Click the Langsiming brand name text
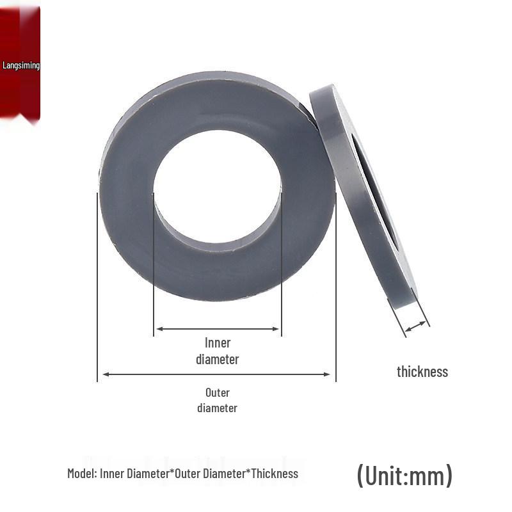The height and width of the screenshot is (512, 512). click(x=21, y=65)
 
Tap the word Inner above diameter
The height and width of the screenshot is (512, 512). click(x=218, y=343)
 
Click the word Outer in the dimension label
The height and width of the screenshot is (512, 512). click(x=218, y=392)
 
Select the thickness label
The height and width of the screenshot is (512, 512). click(x=422, y=372)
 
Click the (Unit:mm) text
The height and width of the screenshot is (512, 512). click(x=405, y=476)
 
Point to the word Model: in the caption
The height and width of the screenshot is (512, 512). click(x=82, y=474)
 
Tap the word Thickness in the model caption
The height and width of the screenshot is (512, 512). click(x=275, y=474)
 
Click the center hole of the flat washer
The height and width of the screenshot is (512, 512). click(x=217, y=187)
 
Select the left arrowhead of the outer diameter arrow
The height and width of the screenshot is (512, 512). click(x=106, y=374)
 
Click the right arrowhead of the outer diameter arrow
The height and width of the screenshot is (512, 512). click(x=327, y=374)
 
